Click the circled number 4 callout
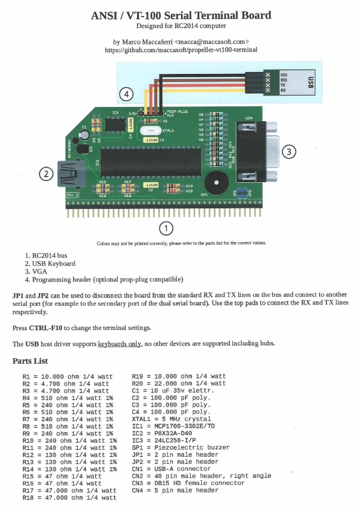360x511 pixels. click(127, 94)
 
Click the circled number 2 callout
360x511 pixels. click(45, 173)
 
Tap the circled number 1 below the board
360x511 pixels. click(166, 227)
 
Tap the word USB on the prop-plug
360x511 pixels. click(310, 83)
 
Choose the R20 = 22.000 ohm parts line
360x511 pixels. click(178, 384)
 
